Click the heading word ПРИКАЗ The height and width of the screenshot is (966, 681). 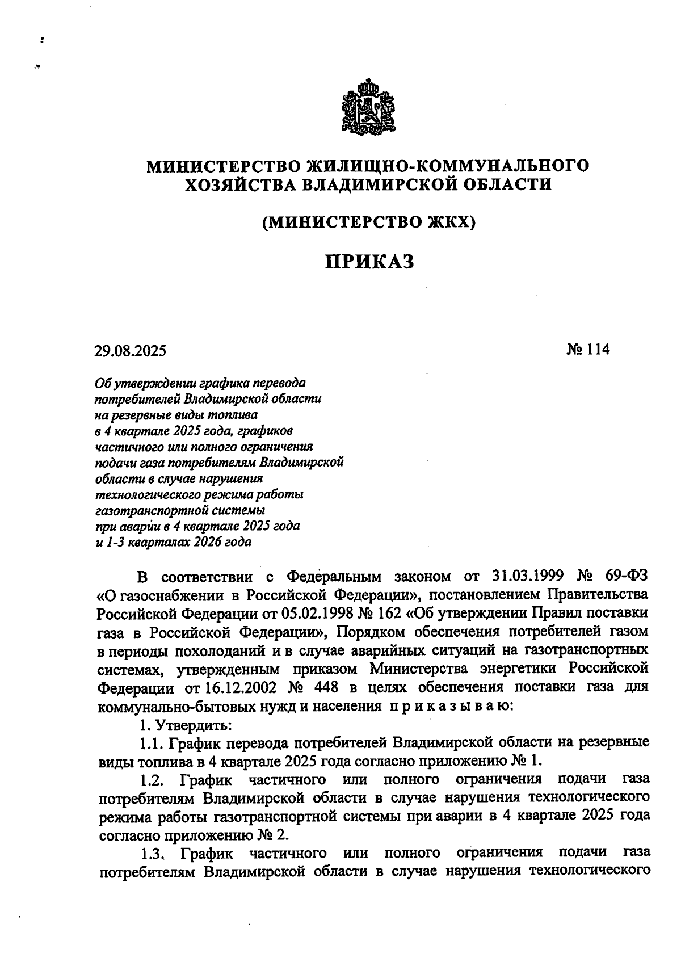pyautogui.click(x=369, y=262)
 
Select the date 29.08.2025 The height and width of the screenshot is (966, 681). pyautogui.click(x=131, y=351)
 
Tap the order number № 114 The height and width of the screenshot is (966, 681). pyautogui.click(x=587, y=350)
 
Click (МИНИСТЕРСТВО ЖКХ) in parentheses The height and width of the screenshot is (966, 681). pyautogui.click(x=368, y=222)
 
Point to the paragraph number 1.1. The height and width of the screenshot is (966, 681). pyautogui.click(x=152, y=743)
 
